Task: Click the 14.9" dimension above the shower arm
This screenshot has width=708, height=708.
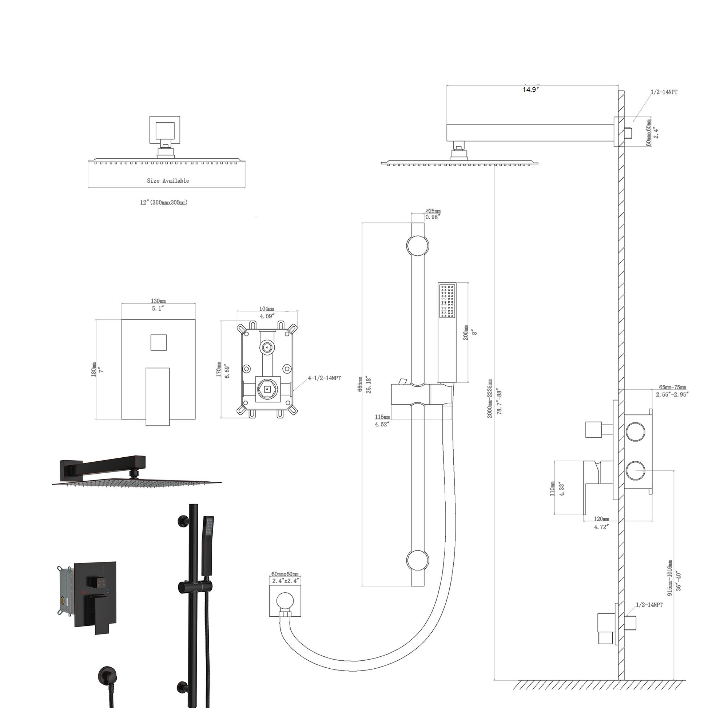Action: point(530,90)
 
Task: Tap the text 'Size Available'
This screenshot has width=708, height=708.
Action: point(168,181)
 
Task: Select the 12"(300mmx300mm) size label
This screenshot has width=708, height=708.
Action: point(163,202)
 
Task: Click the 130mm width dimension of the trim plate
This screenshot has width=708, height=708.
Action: point(158,301)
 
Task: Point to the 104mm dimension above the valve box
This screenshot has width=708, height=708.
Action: point(267,309)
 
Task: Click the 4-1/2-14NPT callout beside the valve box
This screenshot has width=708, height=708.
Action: point(324,378)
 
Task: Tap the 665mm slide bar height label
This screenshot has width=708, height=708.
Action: point(360,384)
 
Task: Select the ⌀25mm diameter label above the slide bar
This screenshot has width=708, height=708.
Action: point(433,211)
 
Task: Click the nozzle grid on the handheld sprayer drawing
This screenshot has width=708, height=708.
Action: point(447,302)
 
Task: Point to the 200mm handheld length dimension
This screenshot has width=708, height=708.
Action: point(466,333)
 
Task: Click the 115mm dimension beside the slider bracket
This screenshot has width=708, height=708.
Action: point(382,417)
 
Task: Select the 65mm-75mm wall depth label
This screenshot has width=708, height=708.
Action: point(672,387)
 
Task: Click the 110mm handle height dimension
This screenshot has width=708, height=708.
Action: point(552,489)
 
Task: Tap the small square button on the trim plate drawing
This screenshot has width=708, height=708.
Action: point(159,342)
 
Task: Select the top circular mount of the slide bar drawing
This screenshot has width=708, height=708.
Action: point(417,245)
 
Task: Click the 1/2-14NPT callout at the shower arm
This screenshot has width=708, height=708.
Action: point(664,92)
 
